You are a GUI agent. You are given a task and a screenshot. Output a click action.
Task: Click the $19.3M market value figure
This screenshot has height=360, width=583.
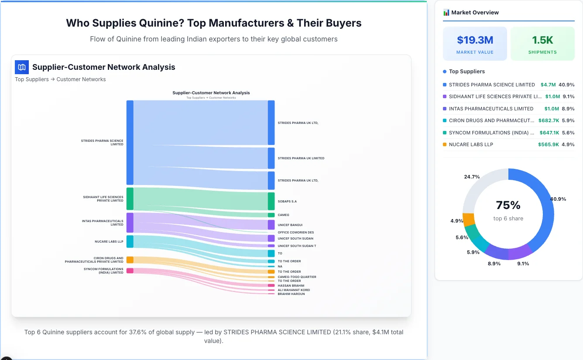pos(475,40)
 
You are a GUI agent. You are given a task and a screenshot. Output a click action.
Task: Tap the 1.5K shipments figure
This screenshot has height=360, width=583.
pos(542,40)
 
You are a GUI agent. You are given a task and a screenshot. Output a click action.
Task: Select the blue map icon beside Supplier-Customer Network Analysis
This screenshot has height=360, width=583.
pos(22,67)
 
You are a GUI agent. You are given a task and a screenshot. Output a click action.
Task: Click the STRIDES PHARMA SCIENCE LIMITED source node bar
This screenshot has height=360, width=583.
pos(130,142)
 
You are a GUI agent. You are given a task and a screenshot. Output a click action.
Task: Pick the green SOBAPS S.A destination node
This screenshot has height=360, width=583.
pos(271,201)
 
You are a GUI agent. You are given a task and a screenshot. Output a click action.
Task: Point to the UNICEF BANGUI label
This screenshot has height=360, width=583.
pos(290,225)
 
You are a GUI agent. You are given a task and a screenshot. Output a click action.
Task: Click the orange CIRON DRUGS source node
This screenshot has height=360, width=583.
pos(130,260)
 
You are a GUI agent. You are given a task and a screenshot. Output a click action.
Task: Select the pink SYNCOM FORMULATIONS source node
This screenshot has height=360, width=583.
pos(130,271)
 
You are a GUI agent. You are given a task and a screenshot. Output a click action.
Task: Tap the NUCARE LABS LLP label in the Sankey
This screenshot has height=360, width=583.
pos(109,241)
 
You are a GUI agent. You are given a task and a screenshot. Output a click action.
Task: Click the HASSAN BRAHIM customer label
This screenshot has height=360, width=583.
pos(291,286)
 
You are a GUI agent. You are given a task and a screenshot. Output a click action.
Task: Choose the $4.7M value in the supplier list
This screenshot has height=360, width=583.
pos(548,85)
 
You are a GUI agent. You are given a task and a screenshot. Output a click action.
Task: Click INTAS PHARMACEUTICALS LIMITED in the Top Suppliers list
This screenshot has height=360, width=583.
pos(491,109)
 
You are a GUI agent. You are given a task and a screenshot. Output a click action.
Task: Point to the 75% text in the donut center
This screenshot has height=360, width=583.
pos(508,205)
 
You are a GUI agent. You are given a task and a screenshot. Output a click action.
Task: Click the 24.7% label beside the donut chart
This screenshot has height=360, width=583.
pos(472,177)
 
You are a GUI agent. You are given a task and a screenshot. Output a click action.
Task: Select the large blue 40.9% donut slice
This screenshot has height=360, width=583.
pos(545,205)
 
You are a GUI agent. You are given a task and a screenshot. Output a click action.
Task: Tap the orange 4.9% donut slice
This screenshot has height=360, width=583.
pos(468,219)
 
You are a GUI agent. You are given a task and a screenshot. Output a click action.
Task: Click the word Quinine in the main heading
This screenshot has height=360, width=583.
pos(166,23)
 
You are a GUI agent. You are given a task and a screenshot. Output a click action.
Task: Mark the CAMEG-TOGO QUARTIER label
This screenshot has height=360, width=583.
pos(297,277)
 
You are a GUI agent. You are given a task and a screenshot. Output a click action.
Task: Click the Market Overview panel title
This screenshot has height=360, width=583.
pos(475,13)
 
